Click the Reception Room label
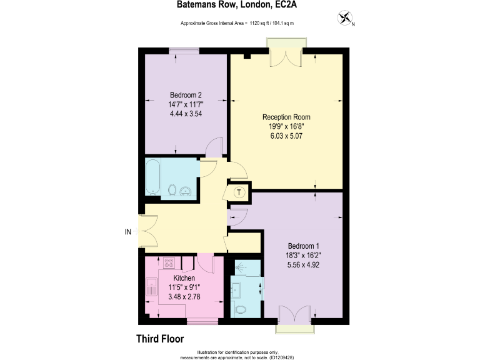[x=286, y=117]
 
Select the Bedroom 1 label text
[x=303, y=246]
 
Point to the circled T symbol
[x=238, y=192]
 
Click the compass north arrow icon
[x=344, y=19]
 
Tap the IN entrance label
[x=128, y=232]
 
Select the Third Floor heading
[x=160, y=339]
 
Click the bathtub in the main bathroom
[x=153, y=177]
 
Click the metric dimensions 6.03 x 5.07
[x=286, y=136]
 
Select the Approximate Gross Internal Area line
[x=237, y=24]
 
